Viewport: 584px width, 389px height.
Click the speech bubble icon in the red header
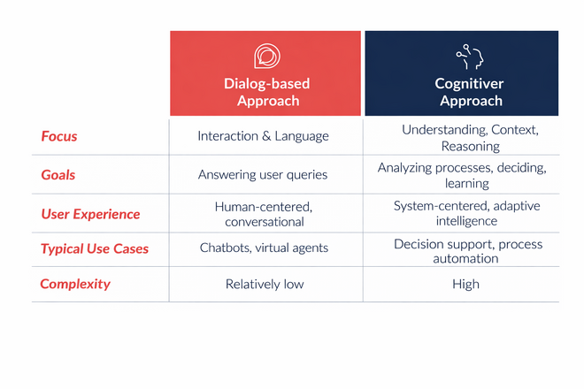click(266, 57)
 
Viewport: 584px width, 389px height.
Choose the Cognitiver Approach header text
click(469, 92)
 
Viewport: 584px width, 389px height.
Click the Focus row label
click(59, 136)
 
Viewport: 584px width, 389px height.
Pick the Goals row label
click(58, 174)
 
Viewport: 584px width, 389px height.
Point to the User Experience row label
click(90, 214)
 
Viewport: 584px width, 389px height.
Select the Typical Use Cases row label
click(95, 248)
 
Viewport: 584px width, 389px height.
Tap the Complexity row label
click(75, 284)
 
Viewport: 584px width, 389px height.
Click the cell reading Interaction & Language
click(263, 136)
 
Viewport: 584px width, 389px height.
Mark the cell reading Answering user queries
click(263, 174)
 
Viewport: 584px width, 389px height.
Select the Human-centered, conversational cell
click(264, 214)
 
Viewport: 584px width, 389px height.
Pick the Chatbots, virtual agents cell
click(264, 248)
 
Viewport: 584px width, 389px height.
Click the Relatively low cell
click(264, 284)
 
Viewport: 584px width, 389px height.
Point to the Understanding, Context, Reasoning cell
click(470, 138)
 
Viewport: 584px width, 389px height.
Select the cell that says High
click(465, 284)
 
